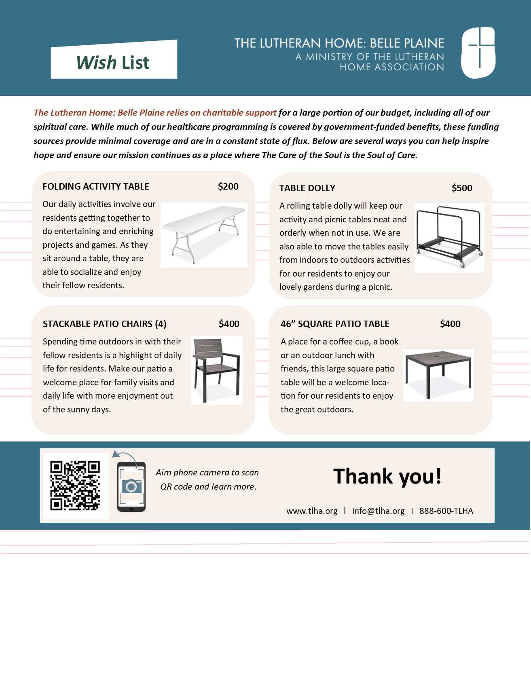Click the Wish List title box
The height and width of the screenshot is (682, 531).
[114, 61]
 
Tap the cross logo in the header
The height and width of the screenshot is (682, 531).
[478, 53]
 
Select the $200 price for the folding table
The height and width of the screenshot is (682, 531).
[228, 186]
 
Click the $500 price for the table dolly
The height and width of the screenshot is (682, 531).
[462, 188]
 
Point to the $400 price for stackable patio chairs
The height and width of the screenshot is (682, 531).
[229, 324]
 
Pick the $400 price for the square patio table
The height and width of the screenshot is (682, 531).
[450, 324]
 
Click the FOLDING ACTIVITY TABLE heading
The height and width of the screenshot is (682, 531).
[96, 186]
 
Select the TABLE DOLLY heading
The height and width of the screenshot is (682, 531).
[307, 188]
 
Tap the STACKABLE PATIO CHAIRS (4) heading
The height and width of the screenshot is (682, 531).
[105, 324]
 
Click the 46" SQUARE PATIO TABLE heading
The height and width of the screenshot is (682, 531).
[335, 324]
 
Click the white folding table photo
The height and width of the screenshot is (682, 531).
[204, 235]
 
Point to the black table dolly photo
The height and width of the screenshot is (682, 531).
[449, 237]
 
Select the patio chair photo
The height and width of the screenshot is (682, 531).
[217, 370]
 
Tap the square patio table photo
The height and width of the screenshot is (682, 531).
[438, 375]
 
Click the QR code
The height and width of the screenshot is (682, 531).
[75, 486]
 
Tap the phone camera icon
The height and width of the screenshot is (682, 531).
[131, 486]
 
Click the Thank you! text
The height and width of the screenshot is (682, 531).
[387, 476]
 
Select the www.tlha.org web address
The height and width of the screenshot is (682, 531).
[312, 511]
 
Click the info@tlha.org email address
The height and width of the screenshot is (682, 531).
[378, 511]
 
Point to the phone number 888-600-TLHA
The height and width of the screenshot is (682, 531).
[446, 511]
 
